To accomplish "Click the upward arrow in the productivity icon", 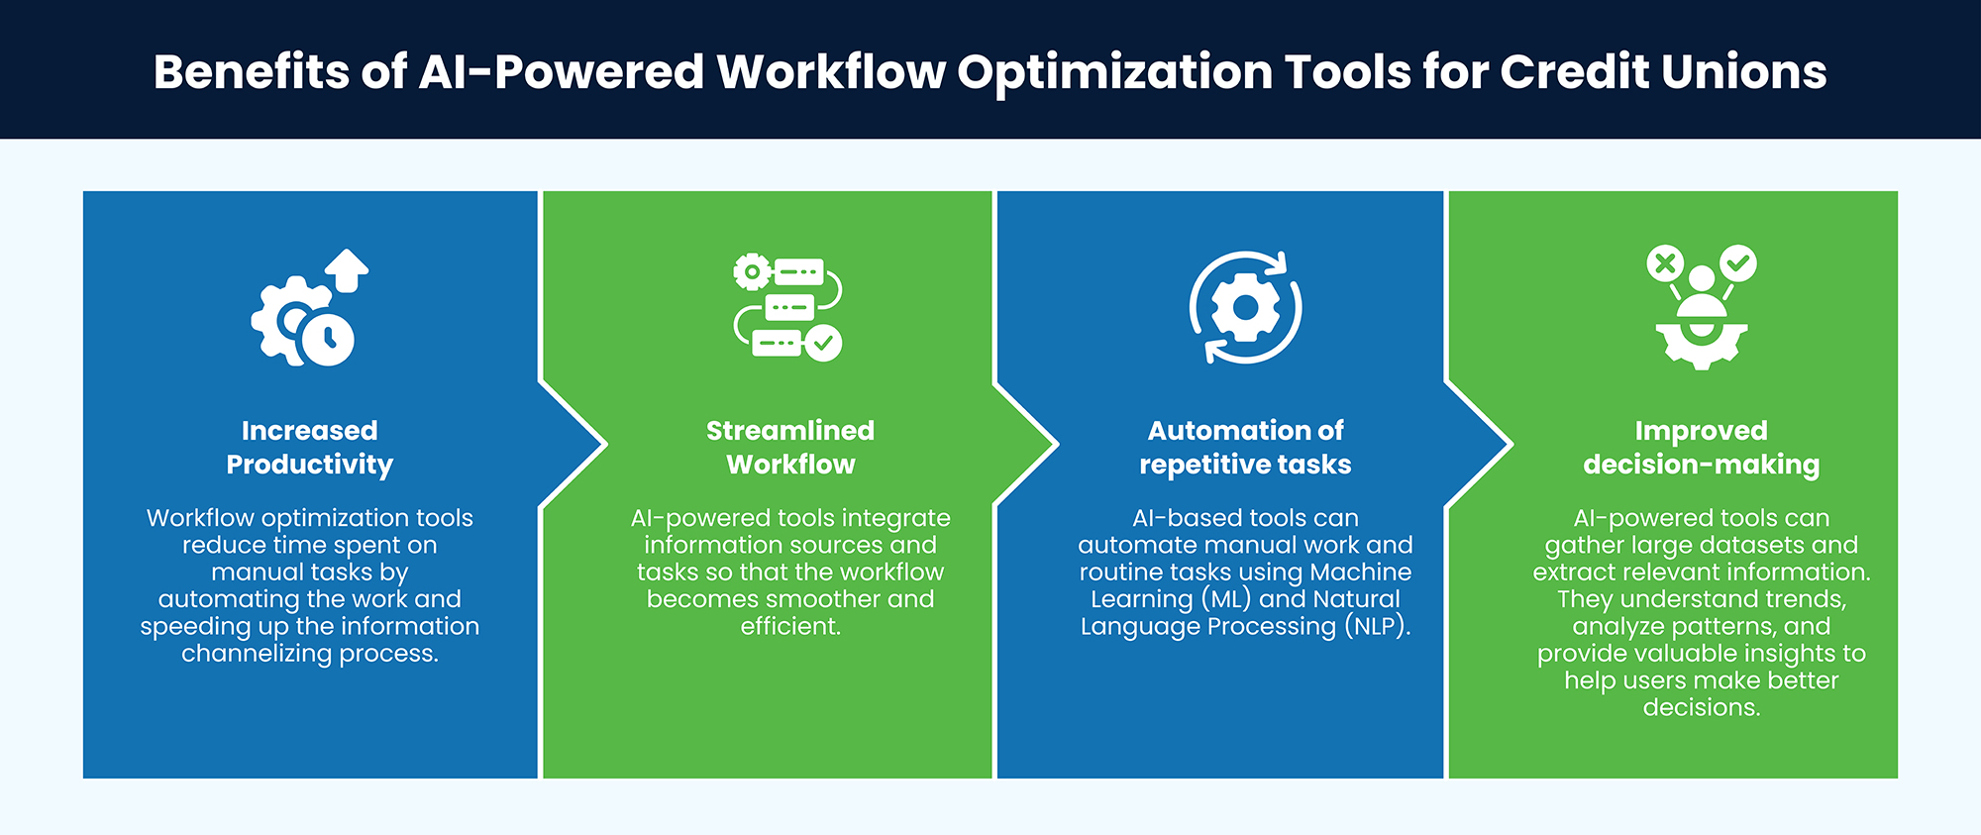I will point(347,269).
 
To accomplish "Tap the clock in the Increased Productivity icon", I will point(328,340).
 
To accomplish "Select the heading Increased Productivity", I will point(310,448).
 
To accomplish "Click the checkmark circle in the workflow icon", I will point(823,343).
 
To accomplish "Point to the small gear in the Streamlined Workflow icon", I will point(752,271).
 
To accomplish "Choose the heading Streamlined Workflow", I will point(790,448).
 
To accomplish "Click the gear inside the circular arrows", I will point(1245,308).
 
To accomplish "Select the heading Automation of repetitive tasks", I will point(1245,448).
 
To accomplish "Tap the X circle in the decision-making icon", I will point(1665,263).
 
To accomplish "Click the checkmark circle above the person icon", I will point(1738,263).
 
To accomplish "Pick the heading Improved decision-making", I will point(1701,448).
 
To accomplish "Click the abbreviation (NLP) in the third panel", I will point(1377,627).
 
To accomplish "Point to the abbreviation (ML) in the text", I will point(1227,600).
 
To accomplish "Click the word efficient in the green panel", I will point(790,627).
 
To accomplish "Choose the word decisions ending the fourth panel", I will point(1701,708).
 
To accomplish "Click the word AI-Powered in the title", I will point(562,72).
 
